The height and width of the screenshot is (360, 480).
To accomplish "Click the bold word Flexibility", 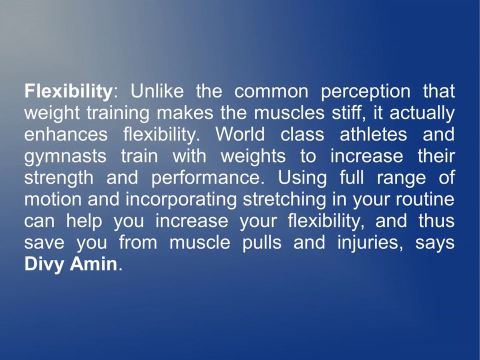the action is coord(68,91).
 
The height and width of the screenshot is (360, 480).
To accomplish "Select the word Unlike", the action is coord(157,91).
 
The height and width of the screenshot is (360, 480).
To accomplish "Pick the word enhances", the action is coord(66,134).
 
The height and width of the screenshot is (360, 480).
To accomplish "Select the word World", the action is coord(240,134).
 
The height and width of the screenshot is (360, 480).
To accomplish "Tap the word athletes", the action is coord(373,134).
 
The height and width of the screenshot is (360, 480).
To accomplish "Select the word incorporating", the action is coord(181,200).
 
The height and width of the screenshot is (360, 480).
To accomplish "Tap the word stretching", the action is coord(284,200).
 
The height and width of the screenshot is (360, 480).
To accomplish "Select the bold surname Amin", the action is coord(93,264).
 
